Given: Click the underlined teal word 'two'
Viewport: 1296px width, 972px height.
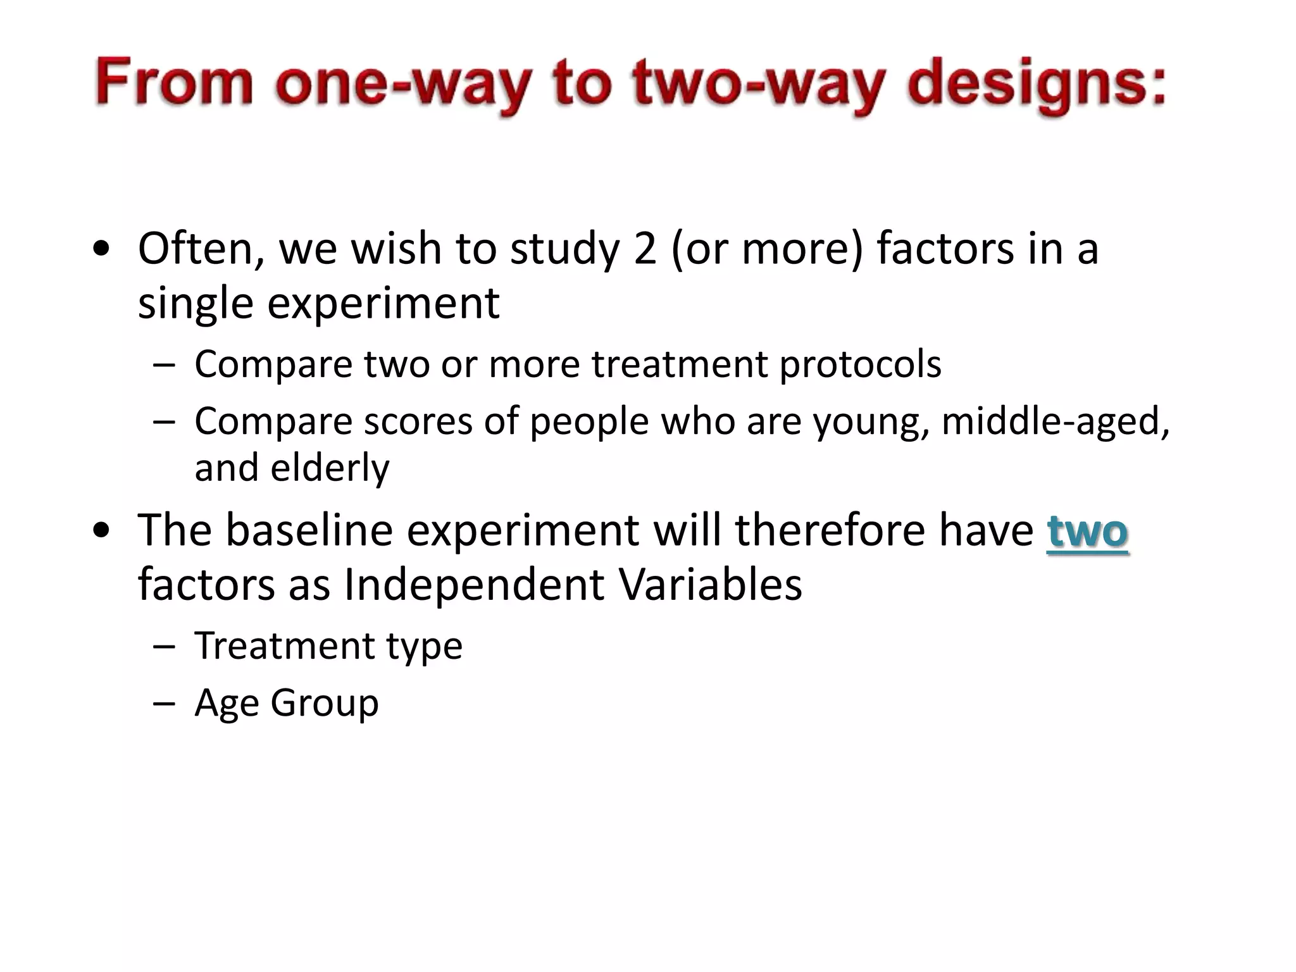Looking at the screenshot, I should point(1087,531).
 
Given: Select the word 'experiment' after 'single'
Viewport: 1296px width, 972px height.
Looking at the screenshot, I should point(383,303).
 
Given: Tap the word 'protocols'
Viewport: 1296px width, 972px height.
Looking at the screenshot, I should point(860,365).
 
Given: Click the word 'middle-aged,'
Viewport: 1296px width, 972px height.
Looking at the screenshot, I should point(1056,421).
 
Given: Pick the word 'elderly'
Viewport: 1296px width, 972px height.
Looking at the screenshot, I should point(330,468).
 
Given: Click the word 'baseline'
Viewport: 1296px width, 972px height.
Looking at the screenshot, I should point(309,530).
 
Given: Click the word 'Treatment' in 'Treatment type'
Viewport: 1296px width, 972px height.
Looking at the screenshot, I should point(285,646).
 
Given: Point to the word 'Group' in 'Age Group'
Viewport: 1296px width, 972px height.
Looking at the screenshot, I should point(324,703).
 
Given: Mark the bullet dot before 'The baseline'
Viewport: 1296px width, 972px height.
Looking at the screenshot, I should point(101,531).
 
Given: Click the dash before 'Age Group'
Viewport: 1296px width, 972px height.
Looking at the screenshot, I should point(164,704).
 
